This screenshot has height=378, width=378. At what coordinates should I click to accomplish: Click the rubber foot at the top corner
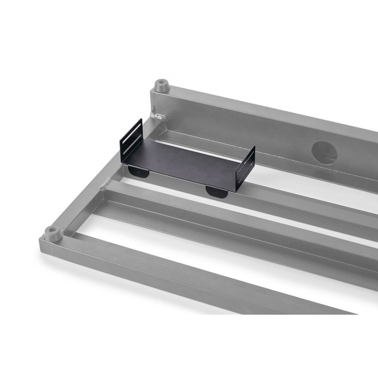coord(162,86)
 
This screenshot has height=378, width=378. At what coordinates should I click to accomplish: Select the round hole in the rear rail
coord(325,153)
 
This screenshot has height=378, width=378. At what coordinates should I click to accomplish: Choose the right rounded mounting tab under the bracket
coord(215,191)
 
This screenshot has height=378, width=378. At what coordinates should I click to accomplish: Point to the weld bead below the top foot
coord(158,115)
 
